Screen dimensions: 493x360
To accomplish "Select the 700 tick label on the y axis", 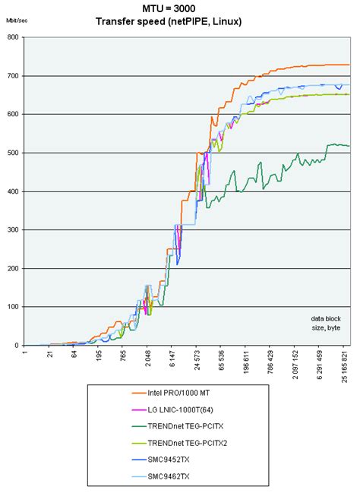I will [x=14, y=76].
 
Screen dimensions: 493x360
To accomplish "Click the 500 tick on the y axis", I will [x=14, y=153].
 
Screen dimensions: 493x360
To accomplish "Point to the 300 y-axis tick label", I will [x=14, y=230].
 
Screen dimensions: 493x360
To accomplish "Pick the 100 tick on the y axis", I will [x=14, y=308].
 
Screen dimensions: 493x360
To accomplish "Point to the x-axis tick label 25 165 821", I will [x=346, y=370].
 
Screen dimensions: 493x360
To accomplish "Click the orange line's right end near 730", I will [x=348, y=65].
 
